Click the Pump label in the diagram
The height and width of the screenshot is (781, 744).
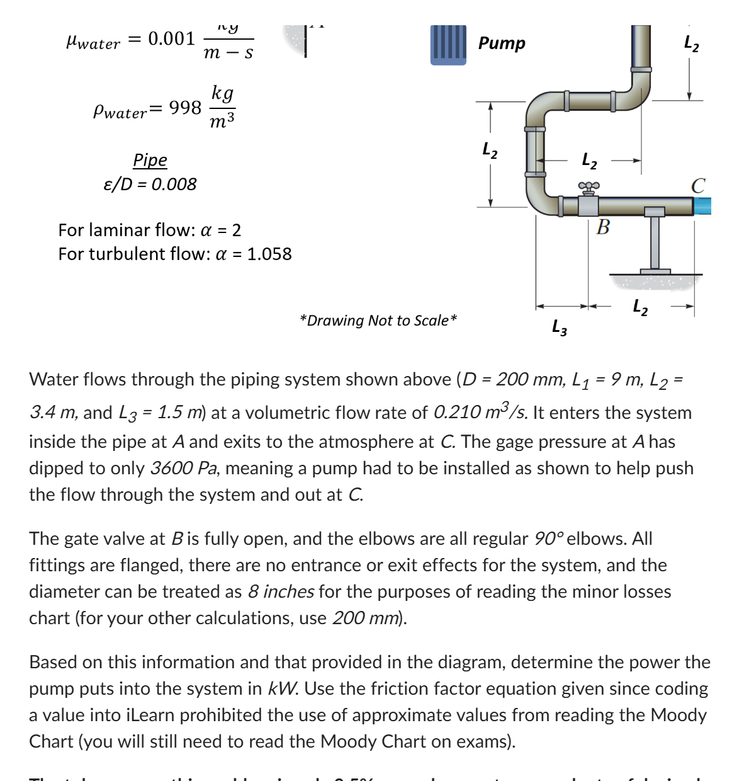point(501,43)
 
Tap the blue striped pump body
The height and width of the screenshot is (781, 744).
point(448,45)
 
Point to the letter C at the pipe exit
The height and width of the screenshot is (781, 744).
point(697,186)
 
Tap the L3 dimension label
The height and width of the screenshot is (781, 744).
point(559,328)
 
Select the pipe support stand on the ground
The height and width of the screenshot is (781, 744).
point(655,246)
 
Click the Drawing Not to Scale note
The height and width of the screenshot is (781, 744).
point(378,321)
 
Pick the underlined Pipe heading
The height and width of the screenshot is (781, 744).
point(150,160)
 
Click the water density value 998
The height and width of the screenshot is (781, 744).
point(185,108)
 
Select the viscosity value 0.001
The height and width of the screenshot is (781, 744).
point(171,39)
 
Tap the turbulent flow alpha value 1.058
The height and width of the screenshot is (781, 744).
point(269,254)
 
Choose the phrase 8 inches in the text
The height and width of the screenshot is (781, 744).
point(281,592)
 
